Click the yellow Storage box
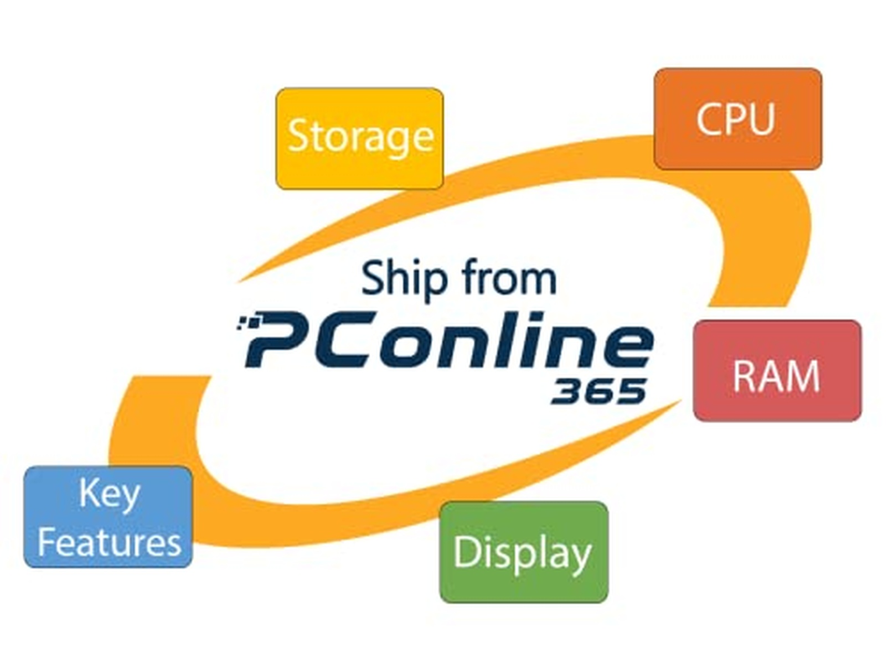(360, 138)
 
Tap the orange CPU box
(737, 118)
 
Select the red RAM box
(777, 371)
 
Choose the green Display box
(523, 552)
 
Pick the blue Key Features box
(109, 517)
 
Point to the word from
(509, 278)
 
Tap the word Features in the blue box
(109, 542)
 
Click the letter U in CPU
(760, 118)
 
